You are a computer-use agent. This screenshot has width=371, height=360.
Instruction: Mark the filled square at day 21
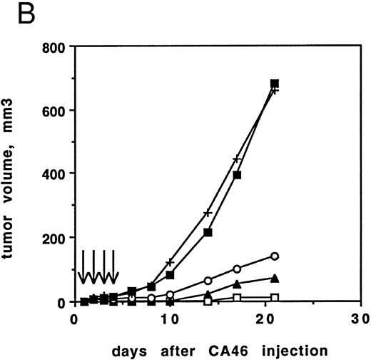[275, 84]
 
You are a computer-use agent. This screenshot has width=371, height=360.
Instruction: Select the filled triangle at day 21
[275, 278]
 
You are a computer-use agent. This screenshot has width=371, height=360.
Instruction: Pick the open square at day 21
[275, 297]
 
